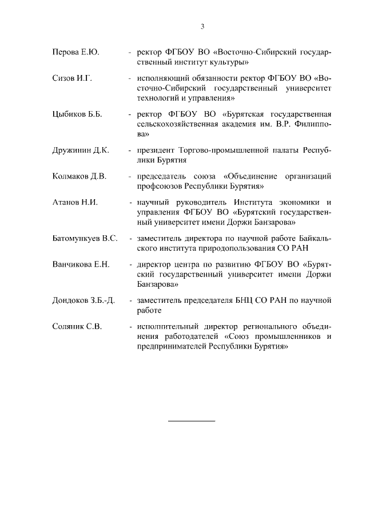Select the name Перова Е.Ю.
click(x=75, y=53)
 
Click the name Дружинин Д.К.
click(x=80, y=151)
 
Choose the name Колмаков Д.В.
click(x=79, y=176)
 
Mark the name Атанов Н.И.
click(x=74, y=202)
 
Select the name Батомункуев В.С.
click(x=85, y=239)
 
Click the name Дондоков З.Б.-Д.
click(x=83, y=300)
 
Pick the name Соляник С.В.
click(x=77, y=326)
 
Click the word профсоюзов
click(x=154, y=186)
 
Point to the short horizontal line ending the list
click(x=192, y=421)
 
